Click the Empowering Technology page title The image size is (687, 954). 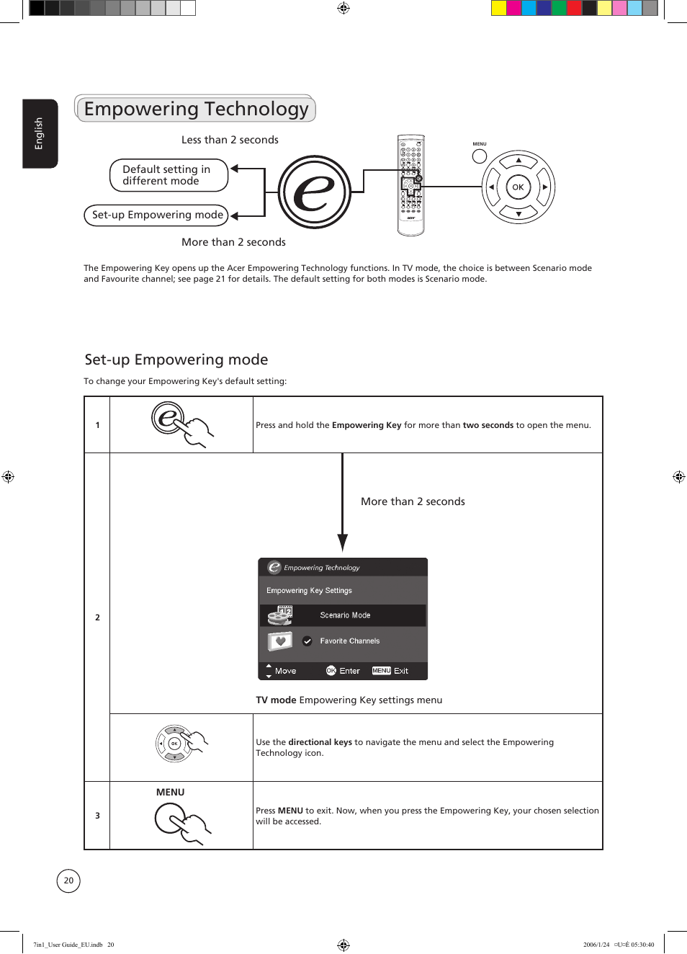[196, 109]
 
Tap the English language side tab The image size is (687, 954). [40, 133]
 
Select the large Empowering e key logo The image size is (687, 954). [315, 192]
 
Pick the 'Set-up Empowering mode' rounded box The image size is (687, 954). [156, 215]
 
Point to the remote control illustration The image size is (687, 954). [411, 185]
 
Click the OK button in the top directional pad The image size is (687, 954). [518, 187]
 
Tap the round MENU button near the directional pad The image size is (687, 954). [480, 156]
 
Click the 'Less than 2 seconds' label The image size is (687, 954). [230, 140]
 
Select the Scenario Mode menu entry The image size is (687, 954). [345, 615]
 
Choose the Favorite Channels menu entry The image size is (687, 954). [349, 641]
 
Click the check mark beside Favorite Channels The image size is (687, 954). [307, 641]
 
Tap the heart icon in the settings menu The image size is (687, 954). [280, 641]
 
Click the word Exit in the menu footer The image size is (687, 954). [401, 671]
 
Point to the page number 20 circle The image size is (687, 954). [68, 881]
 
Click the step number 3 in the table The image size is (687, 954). [98, 816]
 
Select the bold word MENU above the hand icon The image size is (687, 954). [171, 792]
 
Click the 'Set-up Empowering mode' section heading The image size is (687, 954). [176, 360]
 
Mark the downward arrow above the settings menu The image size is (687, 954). [343, 504]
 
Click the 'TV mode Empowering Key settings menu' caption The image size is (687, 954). [349, 700]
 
